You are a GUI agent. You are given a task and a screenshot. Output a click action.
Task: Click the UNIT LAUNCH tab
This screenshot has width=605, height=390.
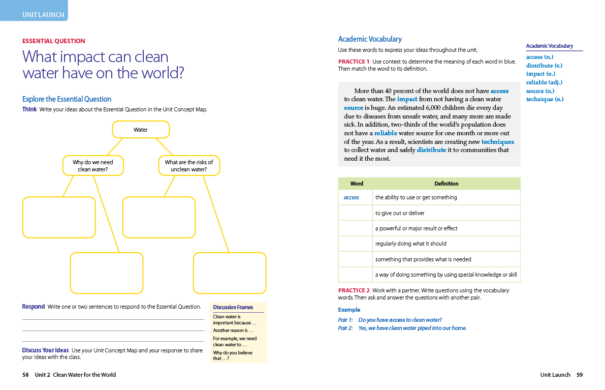click(x=43, y=15)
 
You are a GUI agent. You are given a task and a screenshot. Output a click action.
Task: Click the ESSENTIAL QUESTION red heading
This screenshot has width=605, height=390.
click(x=54, y=41)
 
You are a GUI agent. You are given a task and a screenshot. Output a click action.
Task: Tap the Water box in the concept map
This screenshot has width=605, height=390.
click(x=141, y=130)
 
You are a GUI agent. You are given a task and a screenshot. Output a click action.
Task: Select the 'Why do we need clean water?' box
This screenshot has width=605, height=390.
click(x=93, y=166)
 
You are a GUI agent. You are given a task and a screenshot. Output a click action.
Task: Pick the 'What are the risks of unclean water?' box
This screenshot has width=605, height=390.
click(x=189, y=166)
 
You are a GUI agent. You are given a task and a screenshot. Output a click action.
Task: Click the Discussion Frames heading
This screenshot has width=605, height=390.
click(x=233, y=307)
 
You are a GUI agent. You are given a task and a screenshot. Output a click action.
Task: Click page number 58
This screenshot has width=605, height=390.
click(x=25, y=375)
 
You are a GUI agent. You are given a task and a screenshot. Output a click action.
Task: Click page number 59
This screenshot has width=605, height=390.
click(x=580, y=375)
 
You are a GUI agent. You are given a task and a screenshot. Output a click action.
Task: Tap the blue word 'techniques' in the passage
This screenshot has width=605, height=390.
click(x=497, y=142)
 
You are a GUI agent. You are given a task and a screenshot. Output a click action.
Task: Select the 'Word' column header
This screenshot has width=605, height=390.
click(x=357, y=184)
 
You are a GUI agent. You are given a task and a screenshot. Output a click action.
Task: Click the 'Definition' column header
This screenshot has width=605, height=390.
click(x=446, y=184)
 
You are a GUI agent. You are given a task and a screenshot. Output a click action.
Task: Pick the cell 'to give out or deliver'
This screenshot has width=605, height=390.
click(x=400, y=213)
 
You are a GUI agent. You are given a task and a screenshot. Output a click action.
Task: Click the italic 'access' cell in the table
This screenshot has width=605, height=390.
click(x=351, y=197)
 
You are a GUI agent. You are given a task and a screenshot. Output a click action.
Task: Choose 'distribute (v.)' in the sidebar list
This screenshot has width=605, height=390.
click(x=544, y=66)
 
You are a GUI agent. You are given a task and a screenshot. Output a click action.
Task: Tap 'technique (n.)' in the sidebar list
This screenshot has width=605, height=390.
click(x=545, y=99)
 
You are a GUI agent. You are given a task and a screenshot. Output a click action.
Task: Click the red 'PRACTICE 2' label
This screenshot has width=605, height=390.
click(x=354, y=290)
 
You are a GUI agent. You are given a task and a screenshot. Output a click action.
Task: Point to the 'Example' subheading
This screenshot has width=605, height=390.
click(x=349, y=310)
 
